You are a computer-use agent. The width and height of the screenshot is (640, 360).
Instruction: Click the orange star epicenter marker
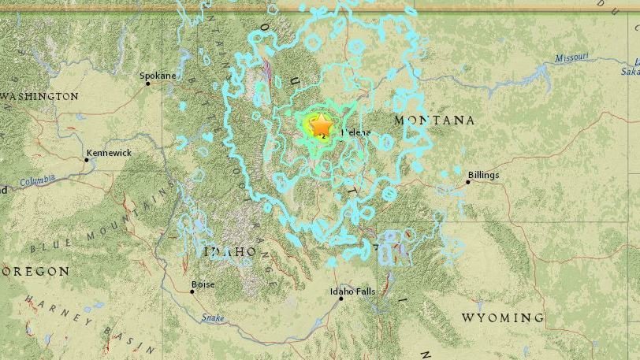(322, 124)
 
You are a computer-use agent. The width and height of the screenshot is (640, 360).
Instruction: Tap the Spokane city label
(157, 76)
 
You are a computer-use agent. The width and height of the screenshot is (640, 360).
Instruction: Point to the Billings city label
(483, 175)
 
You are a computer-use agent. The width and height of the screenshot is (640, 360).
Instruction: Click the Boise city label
(203, 284)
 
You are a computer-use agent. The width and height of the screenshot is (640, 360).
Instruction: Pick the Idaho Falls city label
(352, 291)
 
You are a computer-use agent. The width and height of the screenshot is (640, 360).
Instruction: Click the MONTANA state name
(435, 120)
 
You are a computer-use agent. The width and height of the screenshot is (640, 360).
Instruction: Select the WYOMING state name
(502, 317)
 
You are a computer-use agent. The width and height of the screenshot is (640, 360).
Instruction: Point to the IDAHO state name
(230, 251)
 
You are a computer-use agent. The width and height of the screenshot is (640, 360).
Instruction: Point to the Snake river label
(213, 317)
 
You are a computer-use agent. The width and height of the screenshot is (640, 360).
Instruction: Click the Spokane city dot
(147, 83)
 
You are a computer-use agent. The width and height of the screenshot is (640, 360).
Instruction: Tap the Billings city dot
(468, 182)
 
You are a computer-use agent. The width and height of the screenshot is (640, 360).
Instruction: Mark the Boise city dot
(192, 291)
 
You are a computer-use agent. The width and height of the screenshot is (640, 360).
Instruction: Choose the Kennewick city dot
(87, 159)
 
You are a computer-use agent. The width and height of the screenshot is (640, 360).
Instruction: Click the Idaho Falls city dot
(341, 299)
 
